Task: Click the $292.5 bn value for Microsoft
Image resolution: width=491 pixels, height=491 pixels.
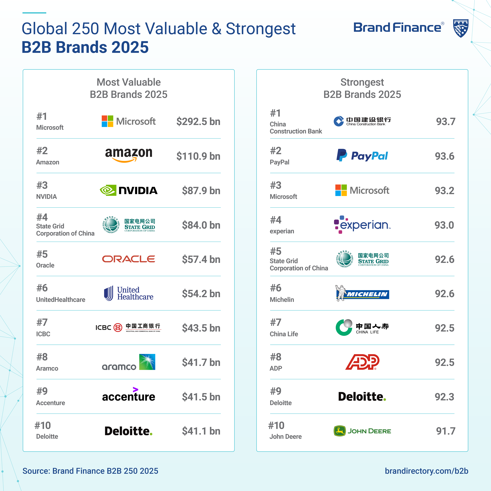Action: [x=198, y=121]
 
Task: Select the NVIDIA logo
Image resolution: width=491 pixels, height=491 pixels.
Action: [x=129, y=190]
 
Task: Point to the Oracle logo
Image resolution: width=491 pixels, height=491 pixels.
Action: [x=129, y=259]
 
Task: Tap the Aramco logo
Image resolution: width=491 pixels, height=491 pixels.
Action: [x=129, y=362]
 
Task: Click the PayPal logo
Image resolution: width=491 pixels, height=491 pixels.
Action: [x=362, y=156]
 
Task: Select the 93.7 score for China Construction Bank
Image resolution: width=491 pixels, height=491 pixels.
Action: [x=446, y=121]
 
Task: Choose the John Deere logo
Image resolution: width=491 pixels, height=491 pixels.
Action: [x=362, y=431]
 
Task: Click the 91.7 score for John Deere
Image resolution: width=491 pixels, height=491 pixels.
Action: [x=446, y=431]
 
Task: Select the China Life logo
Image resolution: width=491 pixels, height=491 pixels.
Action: [x=362, y=328]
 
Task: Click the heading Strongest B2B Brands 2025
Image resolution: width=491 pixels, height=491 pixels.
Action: [x=362, y=88]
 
